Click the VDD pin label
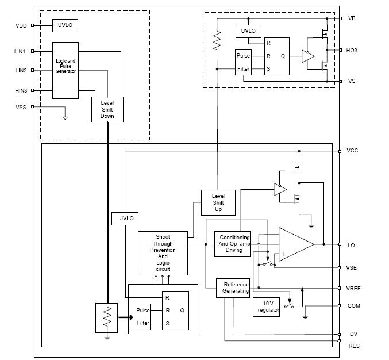(x=20, y=26)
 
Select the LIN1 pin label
(x=20, y=52)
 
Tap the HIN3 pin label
(x=20, y=91)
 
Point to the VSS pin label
(x=20, y=107)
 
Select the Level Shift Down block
(x=107, y=109)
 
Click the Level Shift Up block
(x=218, y=202)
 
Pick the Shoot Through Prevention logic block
(x=163, y=253)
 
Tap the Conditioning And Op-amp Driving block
(x=234, y=244)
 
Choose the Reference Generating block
(x=236, y=288)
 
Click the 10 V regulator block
(x=268, y=307)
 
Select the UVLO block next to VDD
(x=66, y=26)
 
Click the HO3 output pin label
(x=352, y=51)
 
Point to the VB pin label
(x=352, y=18)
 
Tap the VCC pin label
(x=352, y=151)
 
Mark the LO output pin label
(x=351, y=245)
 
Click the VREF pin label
(x=353, y=288)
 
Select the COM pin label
(x=353, y=306)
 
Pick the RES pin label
(x=353, y=346)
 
